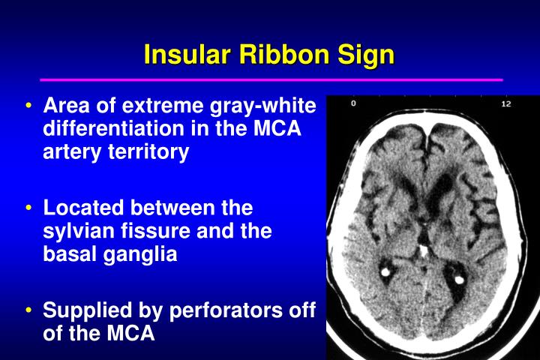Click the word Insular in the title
click(x=187, y=55)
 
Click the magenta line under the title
click(x=271, y=80)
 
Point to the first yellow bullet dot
click(x=28, y=105)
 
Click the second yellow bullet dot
click(x=28, y=208)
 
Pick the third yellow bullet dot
click(x=28, y=310)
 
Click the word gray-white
click(x=263, y=106)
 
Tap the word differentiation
click(x=114, y=128)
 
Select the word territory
click(x=148, y=152)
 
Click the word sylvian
click(x=79, y=232)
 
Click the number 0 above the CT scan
click(x=353, y=103)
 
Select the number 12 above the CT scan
click(x=506, y=103)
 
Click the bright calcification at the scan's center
click(x=423, y=250)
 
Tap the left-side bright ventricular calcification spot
click(x=385, y=272)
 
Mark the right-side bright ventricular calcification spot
click(x=460, y=280)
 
